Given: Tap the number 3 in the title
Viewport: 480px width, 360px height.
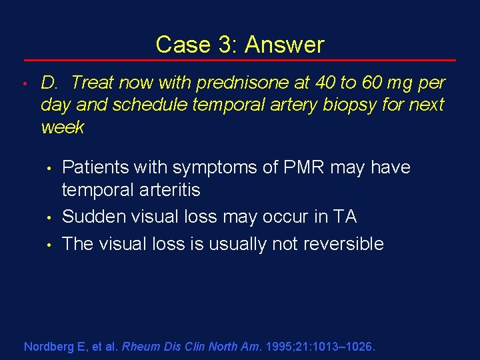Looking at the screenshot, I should pos(223,45).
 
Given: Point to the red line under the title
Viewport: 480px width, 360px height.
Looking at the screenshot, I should pos(240,61).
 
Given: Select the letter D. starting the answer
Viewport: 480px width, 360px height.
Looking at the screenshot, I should pos(51,83).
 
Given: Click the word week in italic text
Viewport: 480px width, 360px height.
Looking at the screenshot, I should pos(62,127).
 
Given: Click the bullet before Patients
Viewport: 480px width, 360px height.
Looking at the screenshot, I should pos(49,168).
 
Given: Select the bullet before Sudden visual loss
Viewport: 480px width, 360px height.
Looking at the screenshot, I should pos(49,217).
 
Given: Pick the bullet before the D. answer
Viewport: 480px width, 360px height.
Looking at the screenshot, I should pos(23,83).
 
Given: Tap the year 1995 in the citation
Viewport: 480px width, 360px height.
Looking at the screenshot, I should pos(277,347).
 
